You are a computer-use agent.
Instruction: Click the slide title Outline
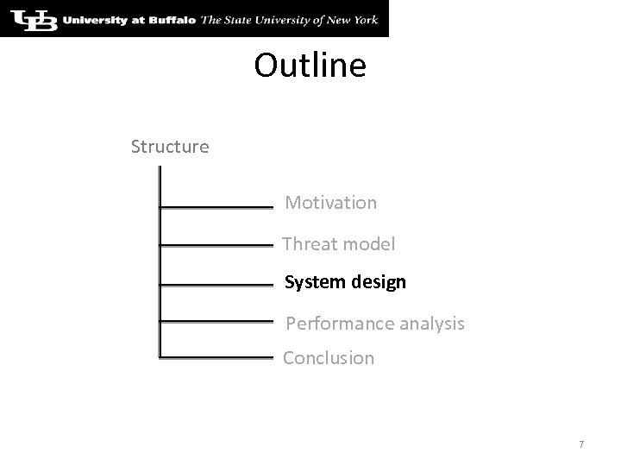(310, 66)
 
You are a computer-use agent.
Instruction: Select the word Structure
(170, 147)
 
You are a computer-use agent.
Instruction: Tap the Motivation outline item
(331, 203)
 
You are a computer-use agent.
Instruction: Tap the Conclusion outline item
(329, 357)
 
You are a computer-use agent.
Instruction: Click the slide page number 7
(581, 444)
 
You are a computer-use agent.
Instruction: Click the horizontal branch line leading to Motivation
(216, 207)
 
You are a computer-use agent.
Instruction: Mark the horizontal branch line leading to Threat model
(216, 246)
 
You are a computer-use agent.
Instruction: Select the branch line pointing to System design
(216, 284)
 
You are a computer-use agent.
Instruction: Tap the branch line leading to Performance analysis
(216, 322)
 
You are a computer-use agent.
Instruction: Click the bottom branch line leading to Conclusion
(216, 356)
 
